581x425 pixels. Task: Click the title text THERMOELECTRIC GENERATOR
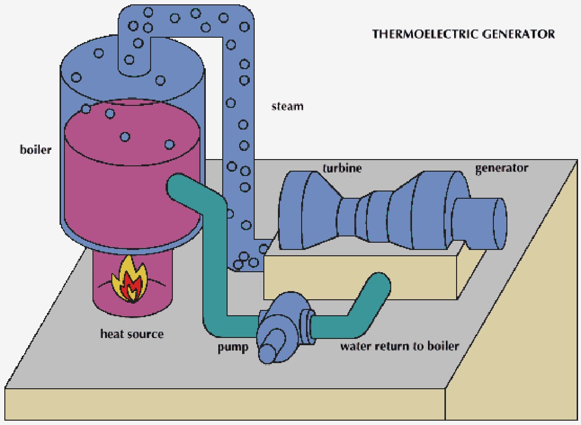click(x=463, y=34)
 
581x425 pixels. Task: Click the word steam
click(x=287, y=106)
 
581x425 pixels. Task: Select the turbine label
click(x=342, y=168)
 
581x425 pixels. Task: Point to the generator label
click(x=501, y=168)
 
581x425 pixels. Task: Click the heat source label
click(x=132, y=334)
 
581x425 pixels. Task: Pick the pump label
click(x=232, y=348)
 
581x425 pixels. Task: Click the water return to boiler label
click(x=399, y=346)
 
